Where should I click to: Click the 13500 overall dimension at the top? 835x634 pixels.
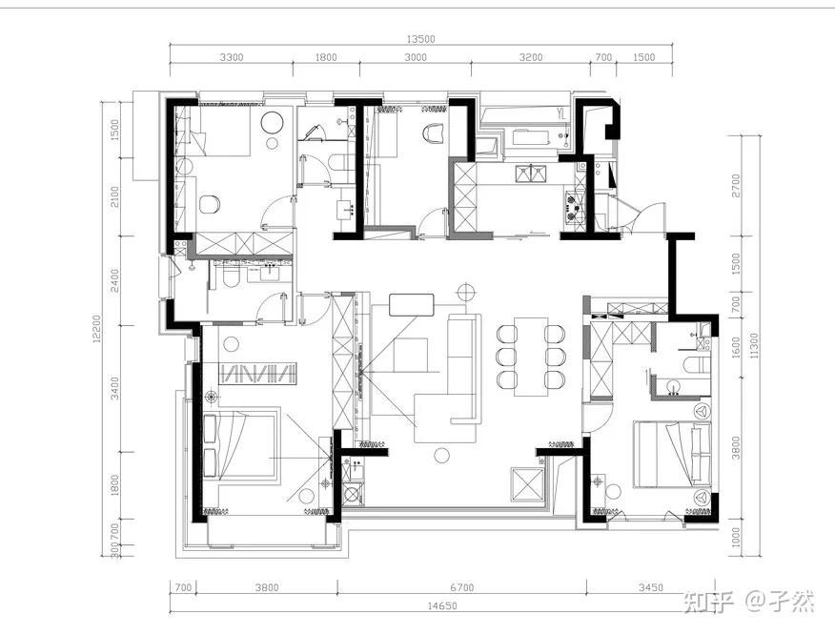point(420,39)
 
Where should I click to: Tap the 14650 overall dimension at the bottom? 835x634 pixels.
point(442,605)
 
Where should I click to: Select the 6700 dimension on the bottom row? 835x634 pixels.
point(461,587)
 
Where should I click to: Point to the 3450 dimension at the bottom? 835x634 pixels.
point(651,587)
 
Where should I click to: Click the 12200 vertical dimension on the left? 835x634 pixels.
point(96,329)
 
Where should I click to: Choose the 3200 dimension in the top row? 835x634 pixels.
point(531,57)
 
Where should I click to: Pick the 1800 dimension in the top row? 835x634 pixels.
point(326,57)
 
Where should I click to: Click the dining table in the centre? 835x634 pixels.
point(531,357)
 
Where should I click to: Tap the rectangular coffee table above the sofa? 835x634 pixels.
point(412,305)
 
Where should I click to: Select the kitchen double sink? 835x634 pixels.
point(531,174)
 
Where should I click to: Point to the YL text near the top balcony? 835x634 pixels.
point(560,113)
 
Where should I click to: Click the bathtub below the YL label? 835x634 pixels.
point(530,138)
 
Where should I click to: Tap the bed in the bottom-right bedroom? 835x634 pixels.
point(671,455)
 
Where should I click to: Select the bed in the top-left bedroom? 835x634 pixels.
point(219,131)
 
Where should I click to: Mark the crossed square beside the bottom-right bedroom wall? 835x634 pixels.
point(526,484)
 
